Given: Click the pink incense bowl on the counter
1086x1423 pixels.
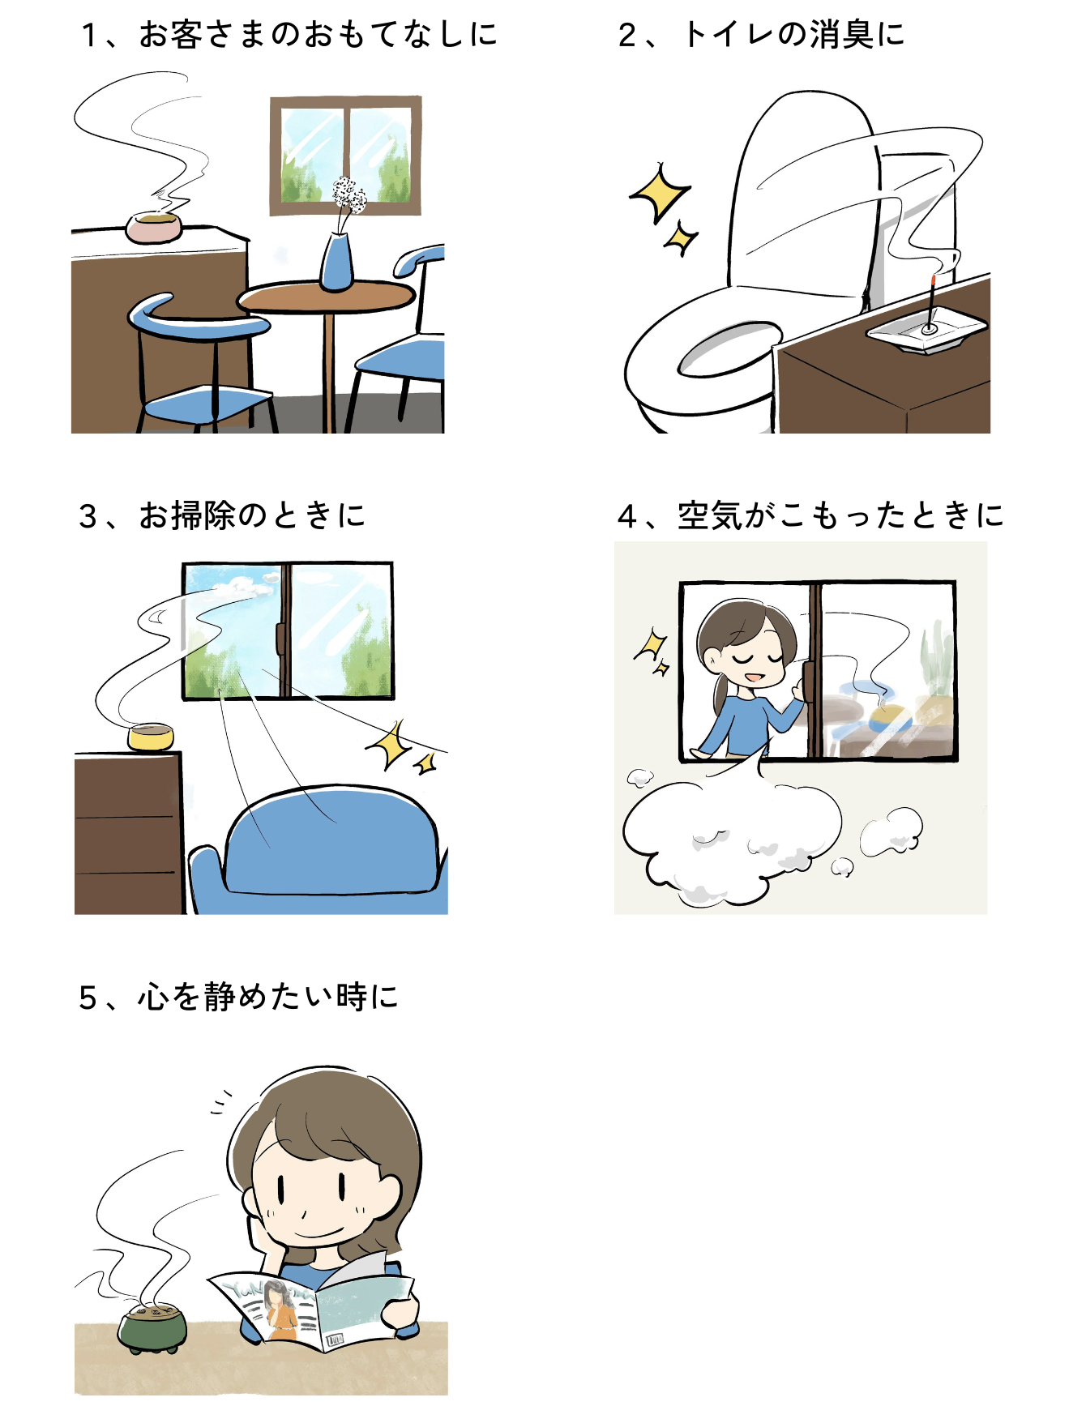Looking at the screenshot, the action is [154, 227].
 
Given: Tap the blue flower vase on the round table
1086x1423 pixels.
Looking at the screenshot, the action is [336, 262].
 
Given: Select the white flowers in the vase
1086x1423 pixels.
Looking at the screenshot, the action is [348, 195].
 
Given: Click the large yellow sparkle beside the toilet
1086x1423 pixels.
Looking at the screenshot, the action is [658, 193].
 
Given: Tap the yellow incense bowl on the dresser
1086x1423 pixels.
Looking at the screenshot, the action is [151, 737].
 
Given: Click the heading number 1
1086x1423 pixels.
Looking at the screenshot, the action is [89, 35].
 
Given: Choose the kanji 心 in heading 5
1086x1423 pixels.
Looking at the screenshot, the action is [153, 997].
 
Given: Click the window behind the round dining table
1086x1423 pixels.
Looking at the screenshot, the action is [346, 156].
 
